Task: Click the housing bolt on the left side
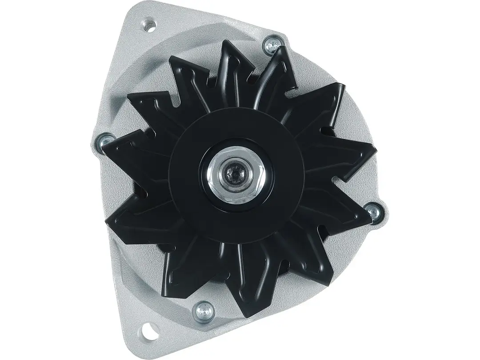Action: coord(105,140)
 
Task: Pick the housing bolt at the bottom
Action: coord(204,308)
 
